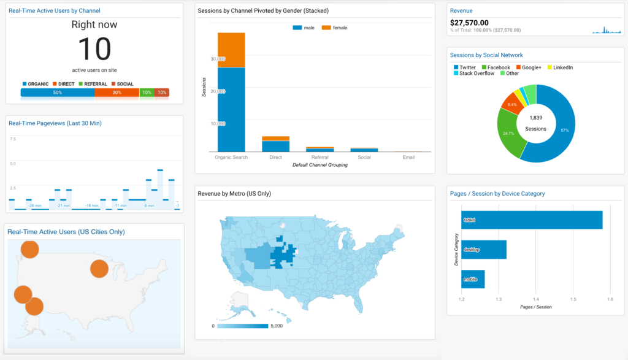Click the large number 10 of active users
(x=94, y=50)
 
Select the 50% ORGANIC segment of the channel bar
(x=58, y=93)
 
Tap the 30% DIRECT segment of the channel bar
(x=117, y=93)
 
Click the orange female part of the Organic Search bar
(x=231, y=50)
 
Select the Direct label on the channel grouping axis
(x=275, y=157)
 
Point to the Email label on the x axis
(x=408, y=157)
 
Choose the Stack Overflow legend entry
(x=476, y=74)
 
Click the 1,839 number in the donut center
(x=535, y=118)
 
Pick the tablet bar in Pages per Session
(x=532, y=220)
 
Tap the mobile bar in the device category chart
(x=473, y=279)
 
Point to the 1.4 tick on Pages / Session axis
(x=535, y=299)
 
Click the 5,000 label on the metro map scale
(x=275, y=326)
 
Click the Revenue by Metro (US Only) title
(x=234, y=194)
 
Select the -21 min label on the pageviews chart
(x=63, y=205)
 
